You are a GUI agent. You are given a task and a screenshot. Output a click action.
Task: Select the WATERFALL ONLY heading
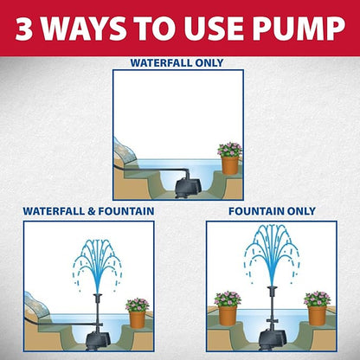click(177, 62)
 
